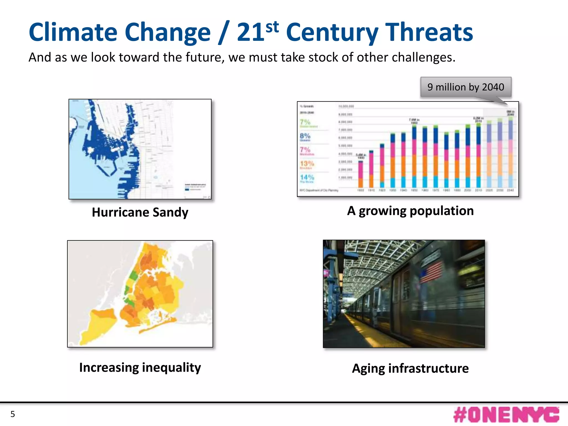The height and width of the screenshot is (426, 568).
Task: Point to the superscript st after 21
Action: (272, 27)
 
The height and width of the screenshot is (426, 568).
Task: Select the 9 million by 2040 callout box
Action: (466, 87)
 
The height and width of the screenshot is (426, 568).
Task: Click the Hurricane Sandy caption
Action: (140, 212)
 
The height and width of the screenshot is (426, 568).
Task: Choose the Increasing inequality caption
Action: (140, 367)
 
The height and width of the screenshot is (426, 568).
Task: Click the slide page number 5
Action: (12, 414)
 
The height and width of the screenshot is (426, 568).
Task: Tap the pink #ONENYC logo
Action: (506, 415)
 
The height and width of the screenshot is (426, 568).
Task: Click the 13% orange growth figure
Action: (307, 164)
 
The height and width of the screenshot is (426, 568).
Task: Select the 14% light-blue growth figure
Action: (307, 177)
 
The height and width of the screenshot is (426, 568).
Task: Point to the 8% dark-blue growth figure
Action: (305, 136)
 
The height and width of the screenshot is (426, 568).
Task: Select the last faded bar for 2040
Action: (510, 153)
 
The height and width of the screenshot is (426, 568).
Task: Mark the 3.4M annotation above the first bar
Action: (361, 156)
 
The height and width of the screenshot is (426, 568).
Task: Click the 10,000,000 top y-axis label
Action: (346, 106)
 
